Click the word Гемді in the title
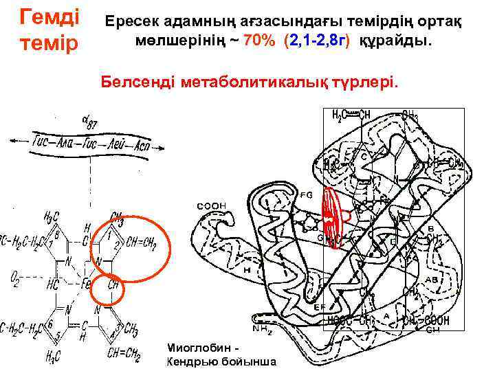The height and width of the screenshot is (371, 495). [49, 14]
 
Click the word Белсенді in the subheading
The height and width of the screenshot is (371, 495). [140, 83]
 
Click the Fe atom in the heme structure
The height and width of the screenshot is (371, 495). [86, 282]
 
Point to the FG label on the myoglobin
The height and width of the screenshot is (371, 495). [306, 194]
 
